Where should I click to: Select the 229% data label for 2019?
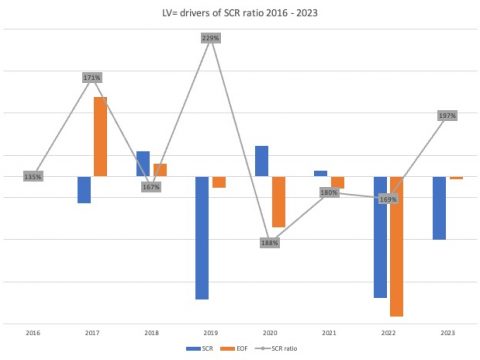pos(210,38)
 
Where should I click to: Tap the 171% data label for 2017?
pos(92,77)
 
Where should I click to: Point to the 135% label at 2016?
pos(33,177)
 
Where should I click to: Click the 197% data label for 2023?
pos(447,116)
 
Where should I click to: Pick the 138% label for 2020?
pos(270,242)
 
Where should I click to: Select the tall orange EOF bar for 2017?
pos(100,136)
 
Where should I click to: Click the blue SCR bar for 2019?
pos(202,237)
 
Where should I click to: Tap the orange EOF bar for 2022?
pos(396,246)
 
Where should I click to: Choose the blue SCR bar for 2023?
pos(439,208)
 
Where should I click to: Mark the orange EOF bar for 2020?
pos(278,201)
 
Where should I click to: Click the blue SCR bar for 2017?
pos(85,189)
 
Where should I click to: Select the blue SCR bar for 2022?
pos(380,237)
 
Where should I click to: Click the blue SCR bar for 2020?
pos(262,161)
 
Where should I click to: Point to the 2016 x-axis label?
pos(33,331)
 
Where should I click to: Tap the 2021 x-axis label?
pos(329,331)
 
